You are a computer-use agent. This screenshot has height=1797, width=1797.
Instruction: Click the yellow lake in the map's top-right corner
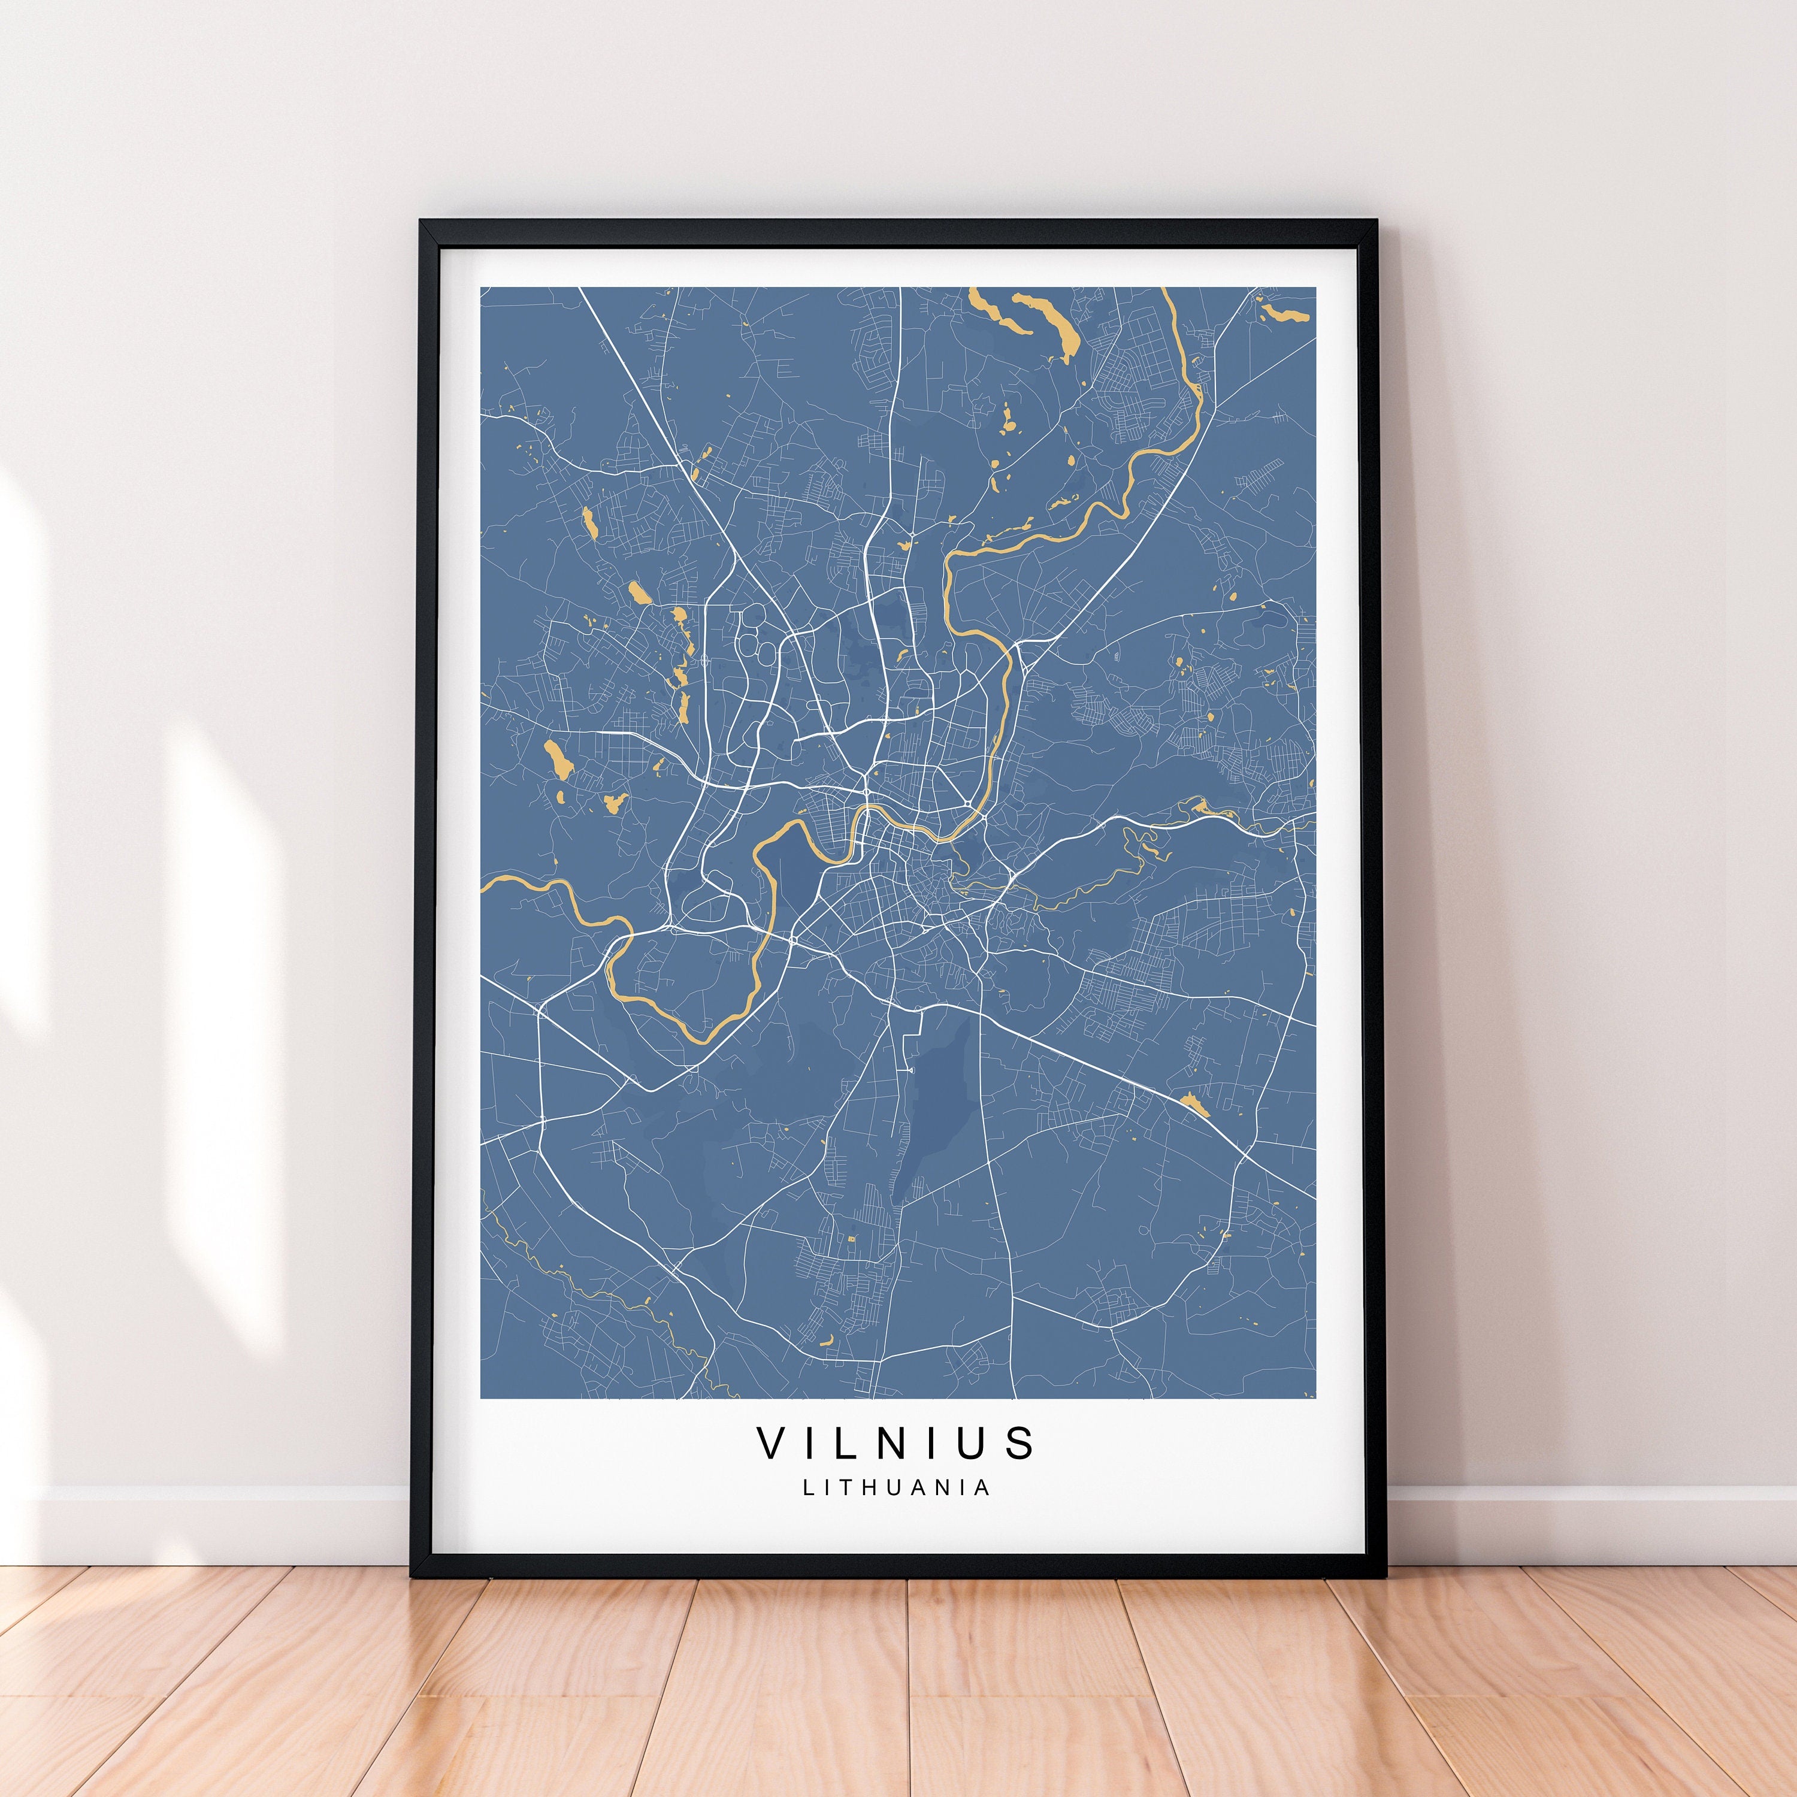click(1284, 310)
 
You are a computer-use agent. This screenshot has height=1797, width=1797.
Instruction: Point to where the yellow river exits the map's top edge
click(1164, 290)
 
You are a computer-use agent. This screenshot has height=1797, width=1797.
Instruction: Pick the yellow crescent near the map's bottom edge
click(824, 1341)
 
